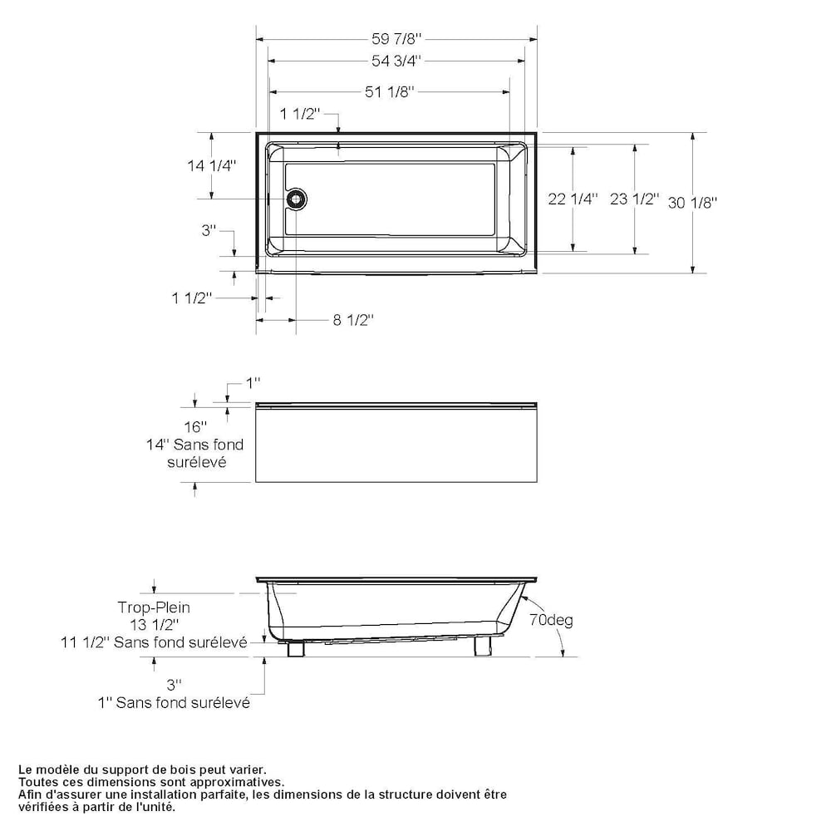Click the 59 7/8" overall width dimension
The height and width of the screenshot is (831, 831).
pyautogui.click(x=396, y=37)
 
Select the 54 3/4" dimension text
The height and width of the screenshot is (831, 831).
pyautogui.click(x=396, y=60)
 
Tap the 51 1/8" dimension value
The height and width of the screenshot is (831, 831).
pyautogui.click(x=389, y=92)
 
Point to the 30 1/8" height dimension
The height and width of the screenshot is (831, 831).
pyautogui.click(x=692, y=201)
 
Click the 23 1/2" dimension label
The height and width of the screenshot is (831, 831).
pyautogui.click(x=634, y=199)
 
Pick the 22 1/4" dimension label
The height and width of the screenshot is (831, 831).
pyautogui.click(x=573, y=199)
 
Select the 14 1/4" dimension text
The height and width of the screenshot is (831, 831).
pyautogui.click(x=212, y=165)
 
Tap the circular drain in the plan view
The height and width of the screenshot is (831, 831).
pyautogui.click(x=297, y=199)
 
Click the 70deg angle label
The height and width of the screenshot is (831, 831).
pyautogui.click(x=551, y=620)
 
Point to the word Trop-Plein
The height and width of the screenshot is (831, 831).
pyautogui.click(x=154, y=607)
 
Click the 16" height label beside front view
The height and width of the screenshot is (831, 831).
pyautogui.click(x=195, y=427)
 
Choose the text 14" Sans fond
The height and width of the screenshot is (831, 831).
pyautogui.click(x=195, y=445)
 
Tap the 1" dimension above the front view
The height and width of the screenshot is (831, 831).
pyautogui.click(x=253, y=382)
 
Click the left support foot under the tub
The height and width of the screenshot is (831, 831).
pyautogui.click(x=295, y=648)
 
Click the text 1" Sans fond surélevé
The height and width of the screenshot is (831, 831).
pyautogui.click(x=174, y=702)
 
